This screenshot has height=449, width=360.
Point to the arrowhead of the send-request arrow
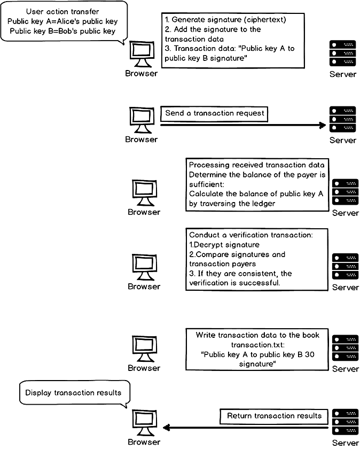(322, 125)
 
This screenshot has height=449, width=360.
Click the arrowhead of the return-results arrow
(166, 428)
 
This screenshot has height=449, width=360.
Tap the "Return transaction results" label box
(274, 416)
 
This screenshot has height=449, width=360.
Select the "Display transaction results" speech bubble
(73, 393)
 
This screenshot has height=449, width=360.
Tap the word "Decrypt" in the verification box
(208, 244)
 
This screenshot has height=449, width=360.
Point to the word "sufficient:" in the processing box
(208, 184)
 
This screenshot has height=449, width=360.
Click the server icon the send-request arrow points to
(342, 119)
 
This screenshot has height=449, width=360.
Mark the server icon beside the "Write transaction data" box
(345, 348)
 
